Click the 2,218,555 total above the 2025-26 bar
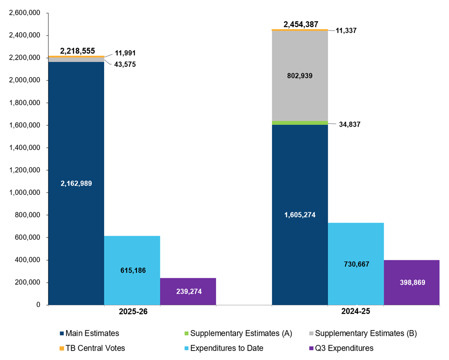click(x=77, y=51)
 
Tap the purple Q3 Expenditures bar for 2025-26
click(x=188, y=291)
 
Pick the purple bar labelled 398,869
click(x=411, y=282)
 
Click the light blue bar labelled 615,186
click(x=132, y=270)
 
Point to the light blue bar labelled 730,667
click(x=356, y=264)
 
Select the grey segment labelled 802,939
click(x=300, y=76)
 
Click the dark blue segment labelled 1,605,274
click(x=300, y=215)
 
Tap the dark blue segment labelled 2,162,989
click(x=76, y=183)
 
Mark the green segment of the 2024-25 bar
click(x=300, y=123)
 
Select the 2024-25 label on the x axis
click(x=356, y=312)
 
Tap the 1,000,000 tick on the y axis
click(x=25, y=193)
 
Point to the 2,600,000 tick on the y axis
click(x=25, y=13)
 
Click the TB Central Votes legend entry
click(x=92, y=348)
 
